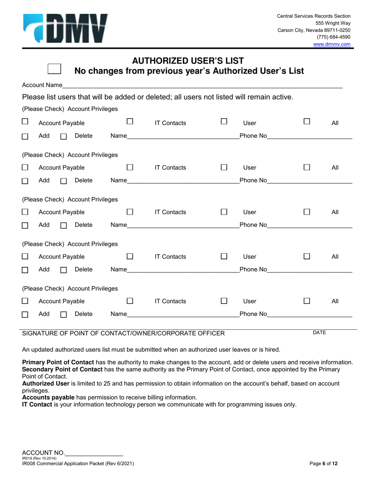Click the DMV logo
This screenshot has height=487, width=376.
click(65, 28)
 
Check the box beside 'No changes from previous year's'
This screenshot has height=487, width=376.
click(54, 68)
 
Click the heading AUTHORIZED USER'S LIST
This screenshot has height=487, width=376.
click(188, 61)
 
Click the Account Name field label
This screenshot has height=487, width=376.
click(42, 85)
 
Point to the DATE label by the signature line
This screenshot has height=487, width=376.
click(319, 333)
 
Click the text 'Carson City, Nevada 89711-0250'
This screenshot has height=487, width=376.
click(314, 30)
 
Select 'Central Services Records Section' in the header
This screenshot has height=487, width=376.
click(313, 16)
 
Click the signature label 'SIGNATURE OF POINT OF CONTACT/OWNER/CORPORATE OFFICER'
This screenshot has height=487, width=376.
click(123, 333)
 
